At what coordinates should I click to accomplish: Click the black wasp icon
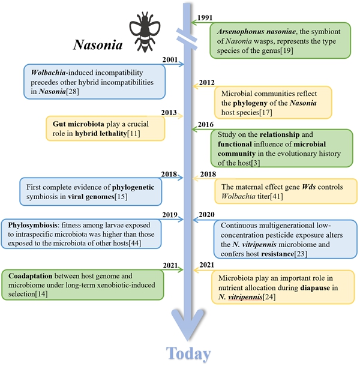click(x=145, y=32)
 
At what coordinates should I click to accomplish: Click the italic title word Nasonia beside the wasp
click(x=98, y=44)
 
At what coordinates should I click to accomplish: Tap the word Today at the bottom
click(x=188, y=354)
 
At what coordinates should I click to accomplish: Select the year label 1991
click(x=205, y=18)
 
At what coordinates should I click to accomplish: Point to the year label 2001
click(x=170, y=60)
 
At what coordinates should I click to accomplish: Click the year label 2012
click(x=206, y=83)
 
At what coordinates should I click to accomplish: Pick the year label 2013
click(x=169, y=113)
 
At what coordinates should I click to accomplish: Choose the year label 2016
click(x=206, y=124)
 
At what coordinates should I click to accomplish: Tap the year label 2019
click(x=170, y=215)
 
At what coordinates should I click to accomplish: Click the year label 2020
click(x=206, y=215)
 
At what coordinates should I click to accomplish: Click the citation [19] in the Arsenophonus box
click(x=287, y=50)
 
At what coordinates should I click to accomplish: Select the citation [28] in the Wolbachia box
click(x=73, y=91)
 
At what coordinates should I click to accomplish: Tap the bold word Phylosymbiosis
click(x=32, y=225)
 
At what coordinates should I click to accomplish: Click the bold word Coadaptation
click(x=31, y=276)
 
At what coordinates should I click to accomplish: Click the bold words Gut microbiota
click(x=78, y=124)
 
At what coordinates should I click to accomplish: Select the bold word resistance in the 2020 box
click(x=278, y=254)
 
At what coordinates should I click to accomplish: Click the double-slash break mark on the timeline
click(x=187, y=39)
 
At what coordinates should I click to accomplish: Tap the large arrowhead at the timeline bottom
click(x=187, y=325)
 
